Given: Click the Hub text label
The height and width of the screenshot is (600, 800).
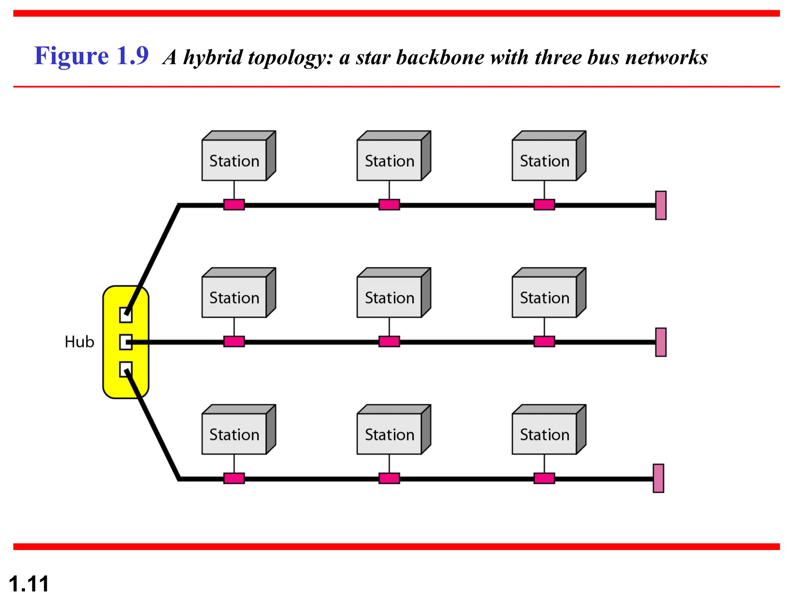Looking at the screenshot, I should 79,342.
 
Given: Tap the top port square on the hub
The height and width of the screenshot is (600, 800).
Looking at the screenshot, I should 125,315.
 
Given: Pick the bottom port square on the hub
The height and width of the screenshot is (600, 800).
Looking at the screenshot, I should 125,369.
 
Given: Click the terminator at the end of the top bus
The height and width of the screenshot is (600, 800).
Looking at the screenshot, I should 661,205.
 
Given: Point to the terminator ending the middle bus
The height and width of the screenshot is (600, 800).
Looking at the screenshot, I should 661,342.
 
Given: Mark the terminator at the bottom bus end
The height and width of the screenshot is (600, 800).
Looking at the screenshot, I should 658,478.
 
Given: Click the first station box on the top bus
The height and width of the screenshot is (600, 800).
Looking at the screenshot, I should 234,160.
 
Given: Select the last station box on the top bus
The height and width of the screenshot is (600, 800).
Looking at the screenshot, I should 545,160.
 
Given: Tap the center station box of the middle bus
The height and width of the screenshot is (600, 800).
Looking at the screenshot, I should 389,297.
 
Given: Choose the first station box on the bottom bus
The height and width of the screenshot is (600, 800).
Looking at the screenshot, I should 234,434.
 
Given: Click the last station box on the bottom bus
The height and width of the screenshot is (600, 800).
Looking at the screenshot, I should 545,434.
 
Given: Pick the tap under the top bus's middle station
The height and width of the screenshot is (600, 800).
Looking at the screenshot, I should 389,205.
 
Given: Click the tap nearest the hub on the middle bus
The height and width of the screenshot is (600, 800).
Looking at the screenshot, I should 234,341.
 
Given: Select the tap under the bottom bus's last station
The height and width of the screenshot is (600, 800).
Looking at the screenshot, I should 544,478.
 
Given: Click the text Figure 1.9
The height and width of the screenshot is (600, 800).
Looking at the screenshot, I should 91,55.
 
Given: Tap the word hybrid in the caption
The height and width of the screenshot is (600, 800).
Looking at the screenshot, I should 213,57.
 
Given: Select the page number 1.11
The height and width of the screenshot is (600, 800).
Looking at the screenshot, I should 29,584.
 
